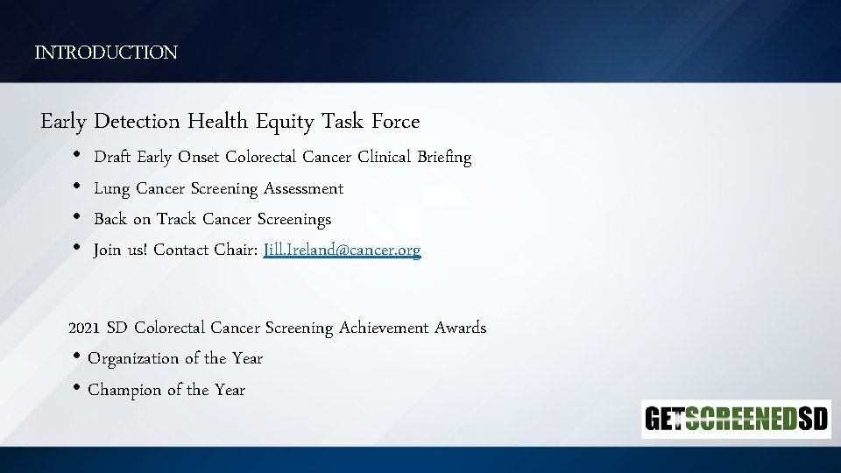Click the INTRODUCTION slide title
click(x=106, y=53)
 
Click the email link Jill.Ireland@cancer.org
click(x=342, y=250)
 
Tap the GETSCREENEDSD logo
click(x=736, y=420)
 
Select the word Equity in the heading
click(x=285, y=121)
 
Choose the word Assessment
click(x=303, y=188)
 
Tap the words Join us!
click(x=120, y=250)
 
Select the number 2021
click(x=85, y=328)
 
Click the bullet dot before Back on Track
click(x=76, y=219)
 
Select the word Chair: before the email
click(x=236, y=250)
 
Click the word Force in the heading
click(x=395, y=121)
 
